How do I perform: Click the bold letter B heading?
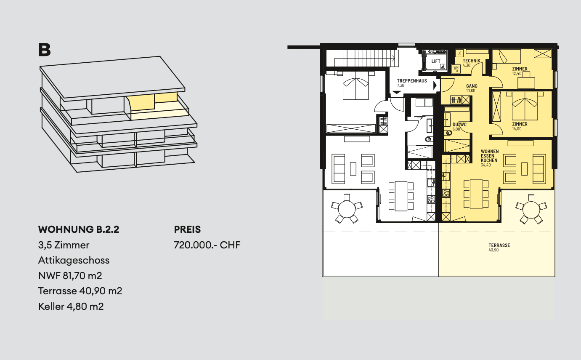(x=44, y=50)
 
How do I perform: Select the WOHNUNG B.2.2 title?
(x=79, y=230)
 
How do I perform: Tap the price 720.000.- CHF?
(x=207, y=245)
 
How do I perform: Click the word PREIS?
(x=187, y=230)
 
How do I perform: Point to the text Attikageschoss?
(x=74, y=260)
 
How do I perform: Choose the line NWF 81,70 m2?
(x=70, y=276)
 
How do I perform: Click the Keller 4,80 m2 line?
(x=71, y=306)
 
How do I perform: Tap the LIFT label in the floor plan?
(x=436, y=61)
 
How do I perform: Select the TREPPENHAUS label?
(x=412, y=81)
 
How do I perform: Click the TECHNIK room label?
(x=471, y=61)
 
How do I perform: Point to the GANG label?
(x=472, y=86)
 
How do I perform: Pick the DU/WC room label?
(x=459, y=125)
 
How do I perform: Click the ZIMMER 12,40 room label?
(x=520, y=69)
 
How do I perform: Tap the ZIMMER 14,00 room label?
(x=520, y=125)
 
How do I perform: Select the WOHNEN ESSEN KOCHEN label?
(x=489, y=156)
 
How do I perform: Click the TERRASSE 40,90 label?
(x=499, y=245)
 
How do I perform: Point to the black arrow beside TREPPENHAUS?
(x=435, y=85)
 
